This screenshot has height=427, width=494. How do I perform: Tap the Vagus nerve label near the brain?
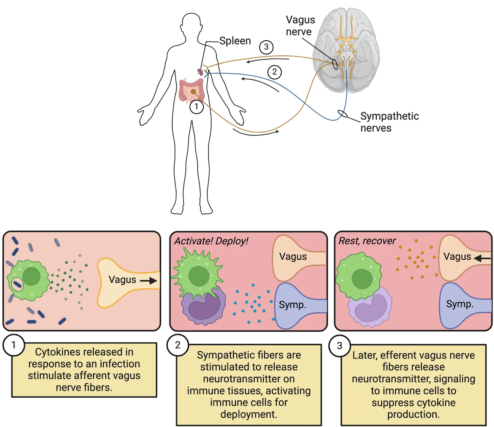point(300,25)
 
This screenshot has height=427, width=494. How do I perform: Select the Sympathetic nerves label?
point(389,122)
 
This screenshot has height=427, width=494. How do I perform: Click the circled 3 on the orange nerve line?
point(266,47)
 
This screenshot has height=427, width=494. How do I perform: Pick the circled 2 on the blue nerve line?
point(275,72)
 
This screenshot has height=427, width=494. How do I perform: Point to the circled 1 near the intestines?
point(196,107)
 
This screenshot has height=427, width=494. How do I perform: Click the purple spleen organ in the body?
point(199,71)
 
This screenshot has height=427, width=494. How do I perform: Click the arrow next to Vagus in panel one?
point(148,281)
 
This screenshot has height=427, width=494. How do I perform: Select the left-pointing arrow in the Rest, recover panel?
point(482,259)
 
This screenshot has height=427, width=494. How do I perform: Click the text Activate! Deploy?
point(211,241)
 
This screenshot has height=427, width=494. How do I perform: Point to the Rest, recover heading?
point(367,241)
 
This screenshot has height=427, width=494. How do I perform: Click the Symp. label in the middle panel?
point(292,305)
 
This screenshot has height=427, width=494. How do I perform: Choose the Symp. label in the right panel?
point(460,304)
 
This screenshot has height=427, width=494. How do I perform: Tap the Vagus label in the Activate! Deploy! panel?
point(293,257)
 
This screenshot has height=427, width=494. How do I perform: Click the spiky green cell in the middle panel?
point(196,272)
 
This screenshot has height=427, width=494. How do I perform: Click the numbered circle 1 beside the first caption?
point(14,345)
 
